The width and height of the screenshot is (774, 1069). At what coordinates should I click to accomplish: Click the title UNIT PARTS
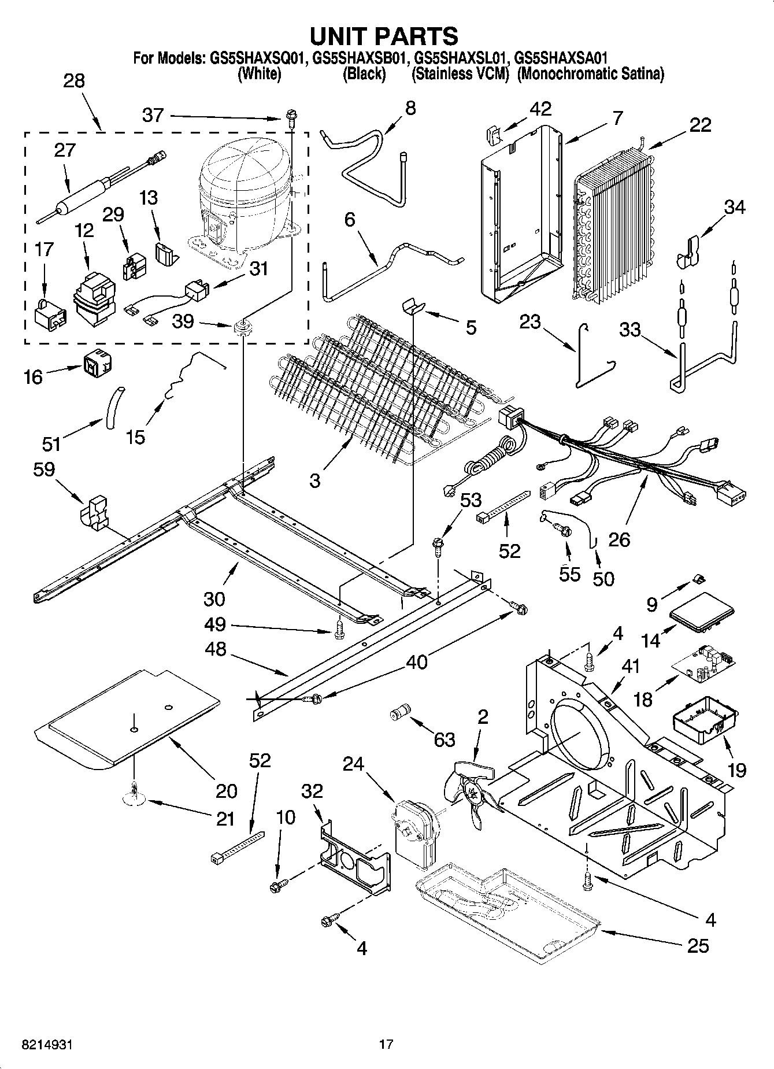[384, 36]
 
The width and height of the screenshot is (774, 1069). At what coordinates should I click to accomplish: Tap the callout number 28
[74, 81]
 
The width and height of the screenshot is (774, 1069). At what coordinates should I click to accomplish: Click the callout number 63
[444, 739]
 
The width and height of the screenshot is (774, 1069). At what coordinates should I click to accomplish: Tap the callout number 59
[44, 469]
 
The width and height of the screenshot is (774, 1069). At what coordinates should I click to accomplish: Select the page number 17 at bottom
[386, 1044]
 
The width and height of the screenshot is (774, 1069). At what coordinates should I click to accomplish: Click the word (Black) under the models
[364, 74]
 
